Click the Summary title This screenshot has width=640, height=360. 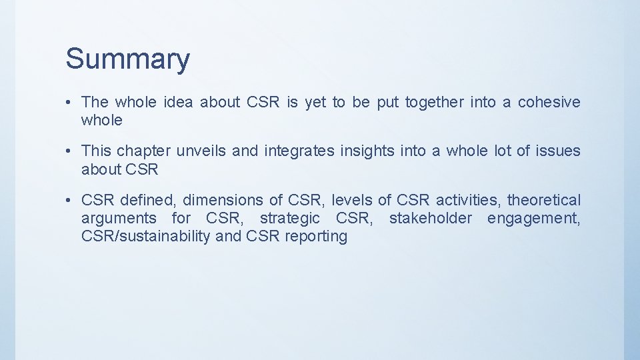(127, 59)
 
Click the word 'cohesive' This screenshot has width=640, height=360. (549, 102)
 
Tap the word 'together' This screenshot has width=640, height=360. (433, 102)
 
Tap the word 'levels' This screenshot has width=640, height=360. (351, 200)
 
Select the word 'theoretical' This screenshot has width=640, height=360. (544, 200)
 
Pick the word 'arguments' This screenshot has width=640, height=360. (118, 219)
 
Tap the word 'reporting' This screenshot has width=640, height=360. (316, 237)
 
